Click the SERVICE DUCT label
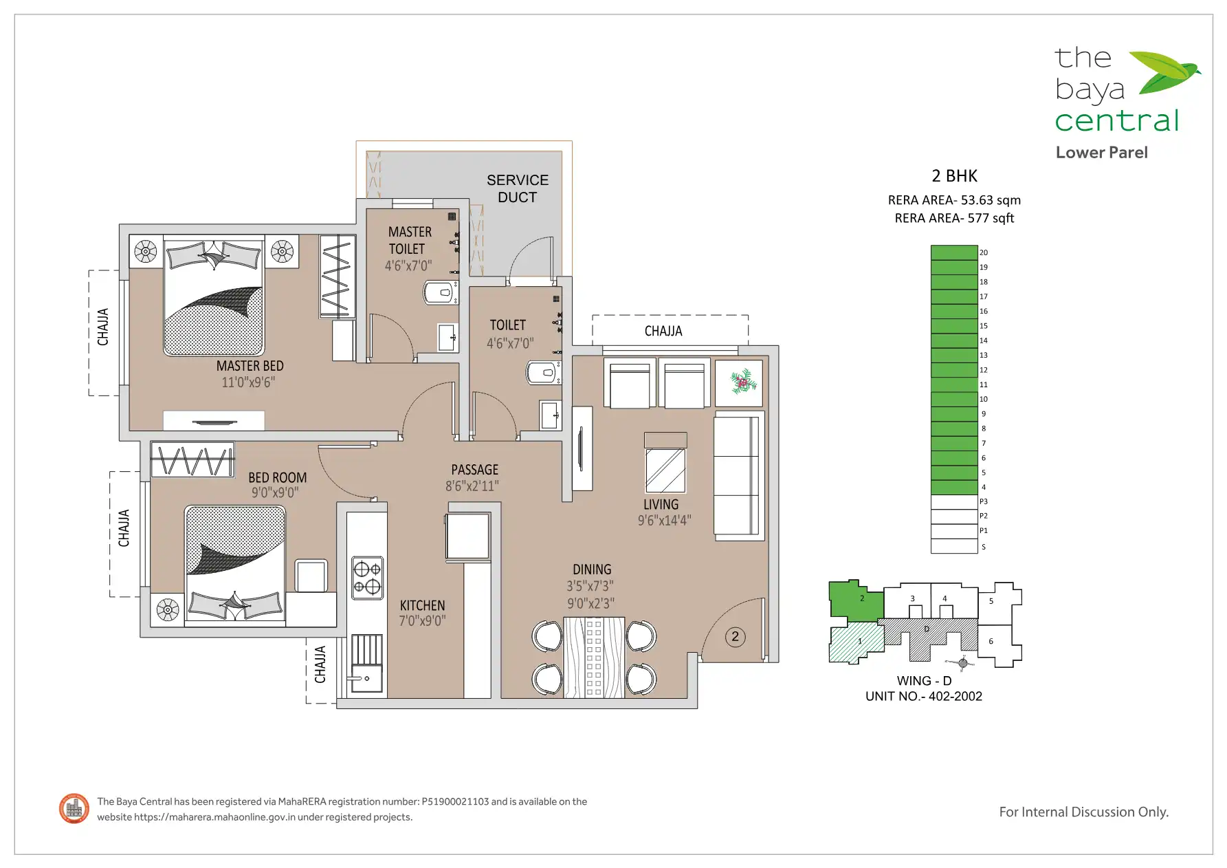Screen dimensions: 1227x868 [518, 188]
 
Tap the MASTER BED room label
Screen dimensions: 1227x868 [250, 366]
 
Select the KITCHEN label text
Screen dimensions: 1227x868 [422, 605]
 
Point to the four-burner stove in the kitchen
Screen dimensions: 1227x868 [367, 578]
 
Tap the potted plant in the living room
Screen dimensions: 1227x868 [740, 382]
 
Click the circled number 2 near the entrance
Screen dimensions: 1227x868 [735, 636]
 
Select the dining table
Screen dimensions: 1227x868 [594, 658]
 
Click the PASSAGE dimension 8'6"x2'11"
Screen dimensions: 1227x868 [472, 486]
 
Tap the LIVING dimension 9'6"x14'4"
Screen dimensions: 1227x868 [664, 521]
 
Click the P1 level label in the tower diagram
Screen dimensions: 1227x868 [984, 530]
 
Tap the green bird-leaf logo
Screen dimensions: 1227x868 [1164, 72]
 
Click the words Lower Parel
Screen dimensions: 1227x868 [1102, 153]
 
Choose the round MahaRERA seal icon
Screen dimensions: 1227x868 [74, 809]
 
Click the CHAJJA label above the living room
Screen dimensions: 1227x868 [663, 331]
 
